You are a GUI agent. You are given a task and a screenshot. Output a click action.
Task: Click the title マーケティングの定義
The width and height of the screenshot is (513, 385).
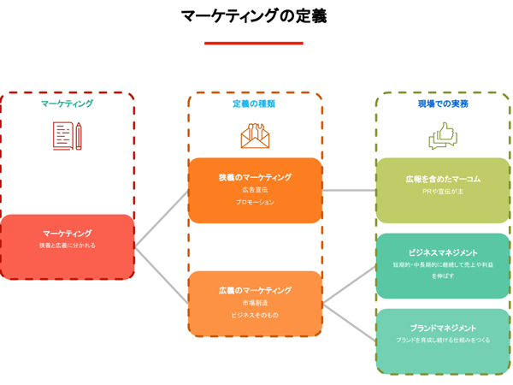[254, 16]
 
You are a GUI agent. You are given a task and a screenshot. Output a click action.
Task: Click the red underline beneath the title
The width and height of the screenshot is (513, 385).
[253, 43]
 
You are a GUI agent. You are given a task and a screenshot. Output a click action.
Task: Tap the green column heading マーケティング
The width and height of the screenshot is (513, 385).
[67, 104]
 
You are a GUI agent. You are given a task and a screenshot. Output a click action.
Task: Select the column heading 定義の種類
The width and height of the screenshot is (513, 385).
[254, 104]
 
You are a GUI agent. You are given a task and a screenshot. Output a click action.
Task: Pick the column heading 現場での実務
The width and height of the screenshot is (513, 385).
[443, 104]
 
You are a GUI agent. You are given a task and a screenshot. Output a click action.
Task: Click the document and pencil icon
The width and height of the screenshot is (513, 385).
[67, 136]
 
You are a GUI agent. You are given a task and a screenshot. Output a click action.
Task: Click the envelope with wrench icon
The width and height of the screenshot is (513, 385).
[255, 136]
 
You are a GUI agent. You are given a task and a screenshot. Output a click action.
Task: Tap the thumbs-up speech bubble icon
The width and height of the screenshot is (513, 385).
[443, 136]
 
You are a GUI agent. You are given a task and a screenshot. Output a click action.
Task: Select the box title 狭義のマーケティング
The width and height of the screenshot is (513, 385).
[255, 177]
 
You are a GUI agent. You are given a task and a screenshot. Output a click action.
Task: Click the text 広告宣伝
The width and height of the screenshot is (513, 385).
[255, 190]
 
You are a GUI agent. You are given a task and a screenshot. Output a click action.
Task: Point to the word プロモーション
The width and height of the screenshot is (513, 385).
[255, 203]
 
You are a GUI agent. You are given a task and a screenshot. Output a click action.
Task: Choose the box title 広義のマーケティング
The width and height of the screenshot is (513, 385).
[255, 291]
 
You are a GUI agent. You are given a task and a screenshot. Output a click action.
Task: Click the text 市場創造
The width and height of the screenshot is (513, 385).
[255, 303]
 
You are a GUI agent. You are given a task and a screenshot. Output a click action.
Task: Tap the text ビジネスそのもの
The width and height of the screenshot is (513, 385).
[255, 316]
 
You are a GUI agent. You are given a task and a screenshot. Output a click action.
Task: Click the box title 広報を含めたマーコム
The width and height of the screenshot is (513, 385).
[443, 179]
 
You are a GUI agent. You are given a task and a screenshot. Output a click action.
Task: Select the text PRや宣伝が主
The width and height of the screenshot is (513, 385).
[443, 192]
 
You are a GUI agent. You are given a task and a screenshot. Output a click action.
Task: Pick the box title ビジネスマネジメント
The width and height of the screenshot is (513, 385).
[443, 252]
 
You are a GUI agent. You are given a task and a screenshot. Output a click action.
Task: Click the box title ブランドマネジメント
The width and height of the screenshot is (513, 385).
[443, 328]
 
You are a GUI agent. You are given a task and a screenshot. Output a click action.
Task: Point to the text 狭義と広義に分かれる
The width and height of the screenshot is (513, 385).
[67, 246]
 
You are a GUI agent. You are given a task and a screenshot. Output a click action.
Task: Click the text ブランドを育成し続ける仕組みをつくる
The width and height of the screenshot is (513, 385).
[443, 341]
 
